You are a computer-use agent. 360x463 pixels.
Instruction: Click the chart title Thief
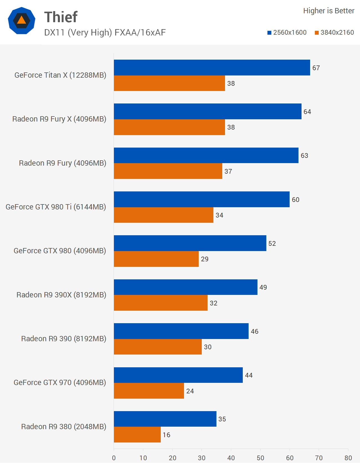[x=61, y=17]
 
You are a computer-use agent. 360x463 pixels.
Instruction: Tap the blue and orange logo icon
[x=22, y=21]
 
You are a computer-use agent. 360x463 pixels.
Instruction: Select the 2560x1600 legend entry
[x=287, y=32]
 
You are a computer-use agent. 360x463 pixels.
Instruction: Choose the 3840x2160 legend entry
[x=334, y=32]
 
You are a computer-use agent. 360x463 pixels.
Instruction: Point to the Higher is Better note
[x=329, y=11]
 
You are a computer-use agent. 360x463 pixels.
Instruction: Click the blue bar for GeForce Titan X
[x=212, y=68]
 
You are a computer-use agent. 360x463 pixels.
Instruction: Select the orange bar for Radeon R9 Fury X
[x=169, y=127]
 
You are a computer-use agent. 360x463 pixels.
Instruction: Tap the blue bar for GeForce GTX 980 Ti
[x=201, y=199]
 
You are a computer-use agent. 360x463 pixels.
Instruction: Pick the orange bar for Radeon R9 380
[x=137, y=435]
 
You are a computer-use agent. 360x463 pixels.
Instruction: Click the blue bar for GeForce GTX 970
[x=178, y=375]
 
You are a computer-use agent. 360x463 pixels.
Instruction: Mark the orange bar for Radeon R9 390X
[x=160, y=303]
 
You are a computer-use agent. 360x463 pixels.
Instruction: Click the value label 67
[x=316, y=68]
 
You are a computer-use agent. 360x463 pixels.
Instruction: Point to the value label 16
[x=167, y=435]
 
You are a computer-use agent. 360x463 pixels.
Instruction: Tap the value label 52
[x=272, y=244]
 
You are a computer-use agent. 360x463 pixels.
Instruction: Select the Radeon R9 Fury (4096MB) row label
[x=62, y=163]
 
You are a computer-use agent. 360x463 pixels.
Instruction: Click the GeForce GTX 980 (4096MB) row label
[x=60, y=251]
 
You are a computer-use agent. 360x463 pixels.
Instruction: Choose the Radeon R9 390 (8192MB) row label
[x=64, y=339]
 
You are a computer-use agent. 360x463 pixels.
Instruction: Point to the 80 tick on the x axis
[x=348, y=458]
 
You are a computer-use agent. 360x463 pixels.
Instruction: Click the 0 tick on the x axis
[x=114, y=458]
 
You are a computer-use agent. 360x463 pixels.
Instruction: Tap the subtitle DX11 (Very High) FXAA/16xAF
[x=105, y=33]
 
